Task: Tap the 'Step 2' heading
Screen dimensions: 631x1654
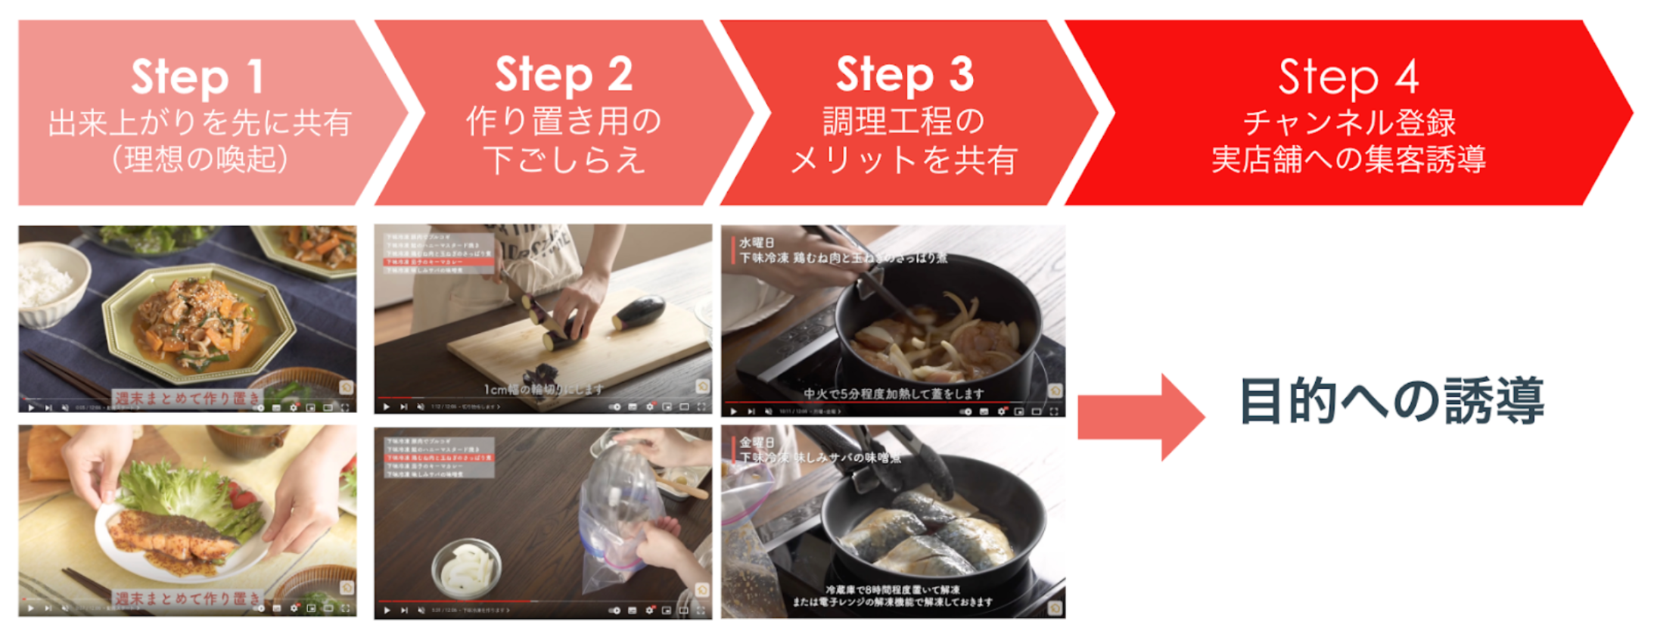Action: coord(564,74)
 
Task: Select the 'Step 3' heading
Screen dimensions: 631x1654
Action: coord(904,74)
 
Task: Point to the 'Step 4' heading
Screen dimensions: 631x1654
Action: coord(1348,76)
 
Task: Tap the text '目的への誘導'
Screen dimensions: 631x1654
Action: coord(1391,401)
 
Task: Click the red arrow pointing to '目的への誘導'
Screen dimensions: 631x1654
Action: coord(1139,417)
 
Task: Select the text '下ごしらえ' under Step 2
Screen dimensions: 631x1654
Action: coord(564,160)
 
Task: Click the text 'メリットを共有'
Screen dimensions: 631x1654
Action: coord(904,160)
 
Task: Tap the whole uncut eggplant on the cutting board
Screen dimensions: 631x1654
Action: coord(639,312)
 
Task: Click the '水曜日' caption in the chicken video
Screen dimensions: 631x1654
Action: coord(757,243)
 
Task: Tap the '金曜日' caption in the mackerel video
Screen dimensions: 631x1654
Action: coord(757,442)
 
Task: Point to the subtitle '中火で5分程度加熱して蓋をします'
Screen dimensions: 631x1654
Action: coord(894,393)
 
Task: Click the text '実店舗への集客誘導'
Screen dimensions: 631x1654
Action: coord(1349,160)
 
